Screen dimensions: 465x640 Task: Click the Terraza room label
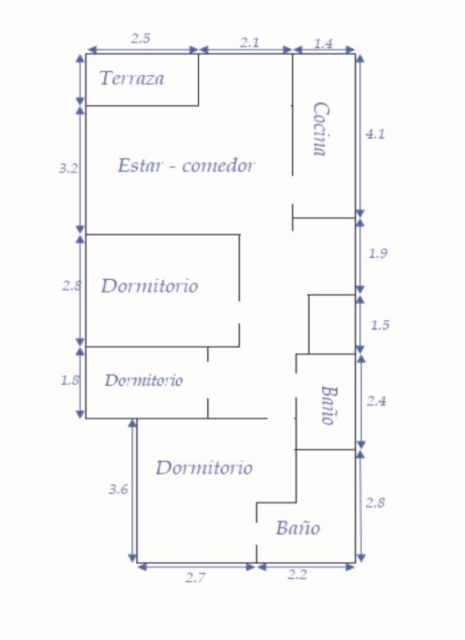[132, 78]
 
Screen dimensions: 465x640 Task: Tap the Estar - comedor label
[186, 166]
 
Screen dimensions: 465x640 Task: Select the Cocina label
[321, 129]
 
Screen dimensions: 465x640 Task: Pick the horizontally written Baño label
[298, 528]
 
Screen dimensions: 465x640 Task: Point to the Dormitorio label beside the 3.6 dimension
[205, 468]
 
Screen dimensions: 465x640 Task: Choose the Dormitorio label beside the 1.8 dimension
[144, 381]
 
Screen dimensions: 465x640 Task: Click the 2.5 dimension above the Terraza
[141, 38]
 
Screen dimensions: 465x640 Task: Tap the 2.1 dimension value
[249, 43]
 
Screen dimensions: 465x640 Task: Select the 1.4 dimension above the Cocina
[324, 43]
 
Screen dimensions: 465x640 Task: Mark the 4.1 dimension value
[375, 134]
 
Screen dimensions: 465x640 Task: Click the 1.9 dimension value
[378, 254]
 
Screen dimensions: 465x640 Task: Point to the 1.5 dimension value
[380, 326]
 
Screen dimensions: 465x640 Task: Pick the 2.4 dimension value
[376, 402]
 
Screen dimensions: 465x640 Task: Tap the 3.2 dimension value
[68, 168]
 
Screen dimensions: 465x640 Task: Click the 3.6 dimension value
[118, 489]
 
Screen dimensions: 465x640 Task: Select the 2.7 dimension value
[196, 578]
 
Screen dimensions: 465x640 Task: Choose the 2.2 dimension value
[297, 574]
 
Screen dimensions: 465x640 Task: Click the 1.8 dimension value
[70, 381]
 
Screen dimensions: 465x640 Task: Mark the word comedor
[218, 166]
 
